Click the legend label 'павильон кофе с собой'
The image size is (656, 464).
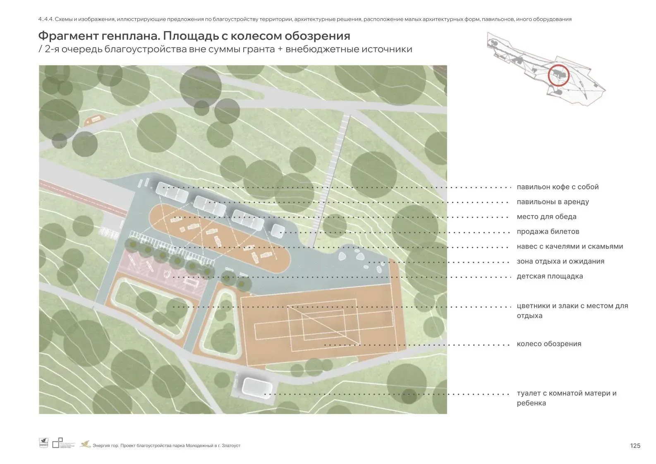point(558,187)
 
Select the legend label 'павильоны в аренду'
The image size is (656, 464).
point(553,202)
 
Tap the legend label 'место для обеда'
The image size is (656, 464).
point(546,217)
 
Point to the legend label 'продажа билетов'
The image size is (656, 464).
point(548,232)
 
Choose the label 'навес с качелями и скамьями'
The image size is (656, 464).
point(570,246)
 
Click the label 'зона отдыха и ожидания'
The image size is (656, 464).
point(560,261)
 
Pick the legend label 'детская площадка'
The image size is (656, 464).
point(550,276)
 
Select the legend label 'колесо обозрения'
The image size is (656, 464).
point(549,344)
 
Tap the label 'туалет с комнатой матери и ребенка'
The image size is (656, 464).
point(566,398)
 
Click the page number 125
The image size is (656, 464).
point(635,445)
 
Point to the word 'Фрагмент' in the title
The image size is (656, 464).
point(68,36)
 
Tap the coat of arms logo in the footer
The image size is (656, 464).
point(43,443)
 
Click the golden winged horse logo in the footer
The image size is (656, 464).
point(85,444)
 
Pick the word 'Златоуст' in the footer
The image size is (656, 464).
point(231,445)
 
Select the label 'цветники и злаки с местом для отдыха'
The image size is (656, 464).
point(572,311)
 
